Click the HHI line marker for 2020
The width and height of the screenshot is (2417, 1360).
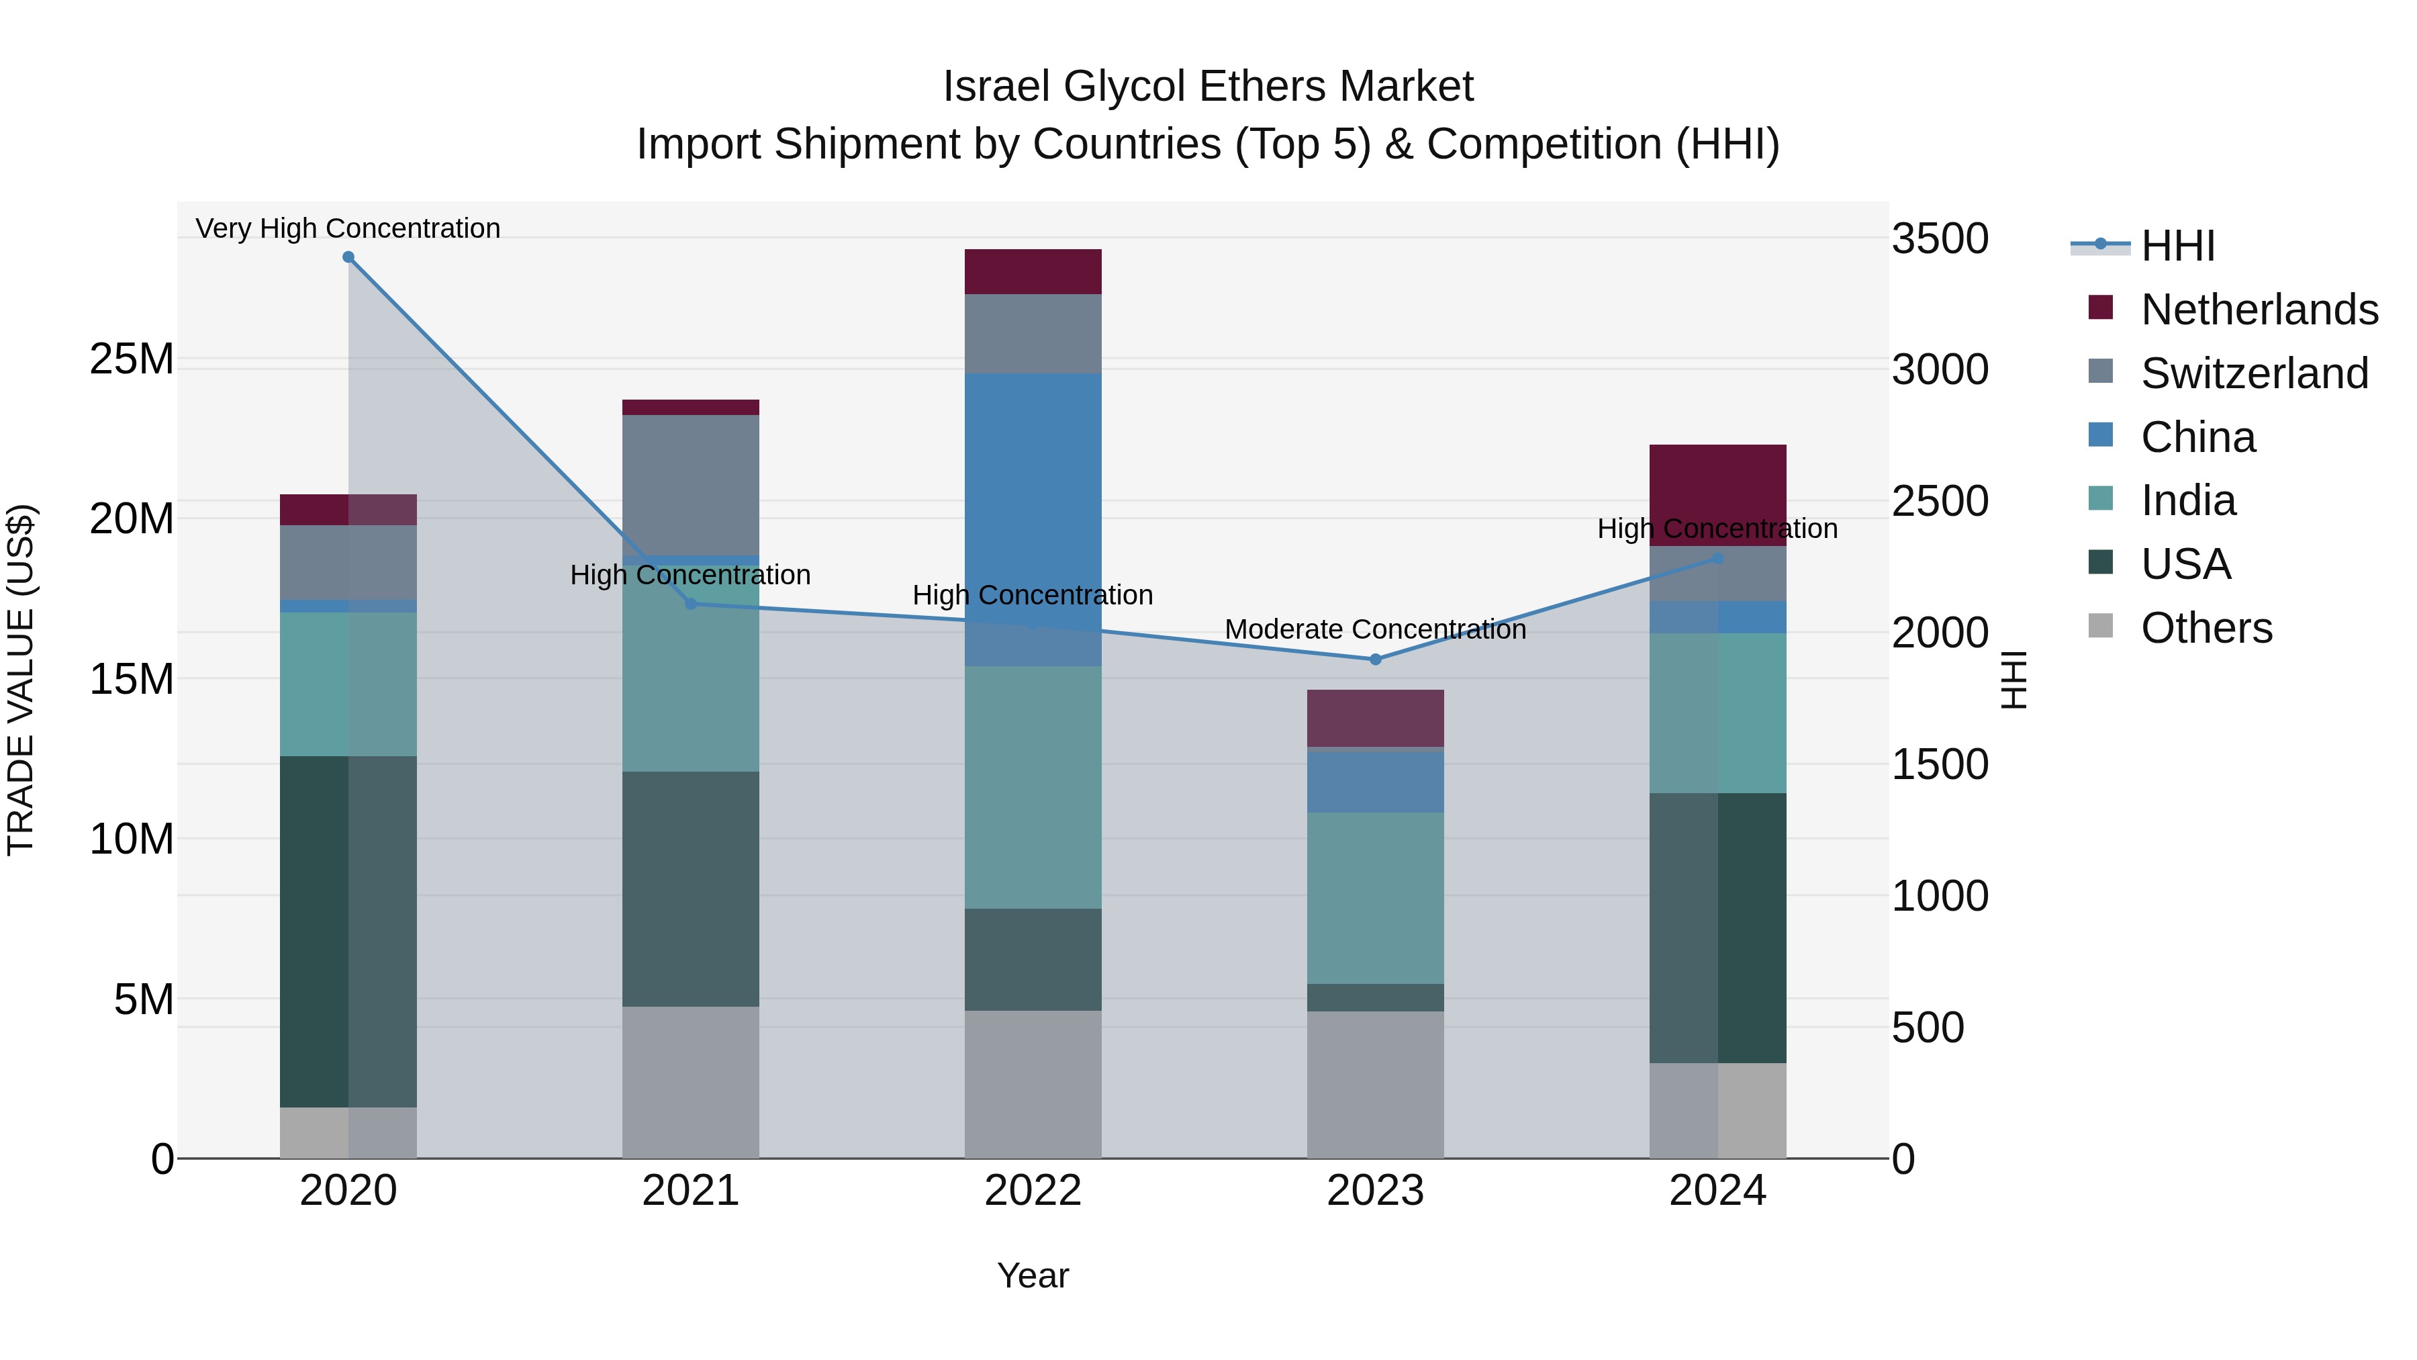point(348,257)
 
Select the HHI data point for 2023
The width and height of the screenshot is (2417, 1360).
point(1376,660)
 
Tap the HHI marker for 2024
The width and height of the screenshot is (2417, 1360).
point(1718,559)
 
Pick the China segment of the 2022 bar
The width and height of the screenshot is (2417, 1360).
point(1033,519)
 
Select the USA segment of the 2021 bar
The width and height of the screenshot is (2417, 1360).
point(691,889)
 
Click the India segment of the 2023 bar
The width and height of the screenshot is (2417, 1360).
point(1376,898)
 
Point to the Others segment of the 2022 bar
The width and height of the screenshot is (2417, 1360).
point(1033,1084)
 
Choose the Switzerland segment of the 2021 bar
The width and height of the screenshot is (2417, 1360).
point(691,486)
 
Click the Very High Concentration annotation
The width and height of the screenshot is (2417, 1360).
point(348,228)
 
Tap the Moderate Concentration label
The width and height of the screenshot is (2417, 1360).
point(1376,629)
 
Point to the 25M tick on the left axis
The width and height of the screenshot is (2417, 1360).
point(132,359)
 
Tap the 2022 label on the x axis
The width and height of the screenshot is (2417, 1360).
point(1033,1191)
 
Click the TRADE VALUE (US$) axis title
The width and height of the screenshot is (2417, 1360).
point(21,680)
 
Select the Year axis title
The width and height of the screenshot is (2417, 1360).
point(1033,1275)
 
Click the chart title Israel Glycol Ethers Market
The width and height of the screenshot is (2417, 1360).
point(1208,87)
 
